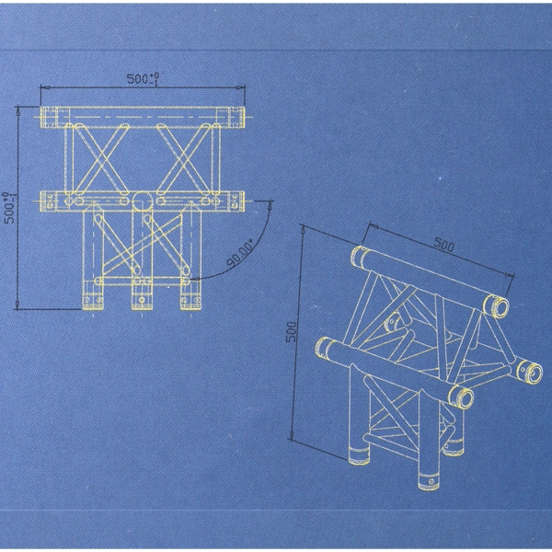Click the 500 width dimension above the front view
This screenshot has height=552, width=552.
tap(143, 79)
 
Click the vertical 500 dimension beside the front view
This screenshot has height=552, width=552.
tap(10, 208)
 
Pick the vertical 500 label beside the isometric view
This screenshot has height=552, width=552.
tap(292, 332)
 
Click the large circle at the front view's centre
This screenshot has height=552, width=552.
tap(143, 201)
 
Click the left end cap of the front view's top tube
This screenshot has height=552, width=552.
tap(49, 117)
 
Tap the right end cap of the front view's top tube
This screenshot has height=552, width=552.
tap(236, 117)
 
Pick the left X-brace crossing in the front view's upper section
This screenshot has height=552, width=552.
tap(101, 159)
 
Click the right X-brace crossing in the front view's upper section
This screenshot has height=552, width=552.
tap(184, 159)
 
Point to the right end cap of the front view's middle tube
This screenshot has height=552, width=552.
tap(236, 201)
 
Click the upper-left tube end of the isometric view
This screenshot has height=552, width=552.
tap(360, 258)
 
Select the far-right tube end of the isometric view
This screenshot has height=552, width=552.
tap(531, 373)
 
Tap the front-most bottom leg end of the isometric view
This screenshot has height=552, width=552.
tap(429, 481)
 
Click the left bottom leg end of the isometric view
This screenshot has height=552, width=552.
tap(359, 456)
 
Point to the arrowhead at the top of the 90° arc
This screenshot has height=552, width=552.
tap(270, 204)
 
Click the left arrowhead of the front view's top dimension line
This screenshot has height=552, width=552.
tap(45, 87)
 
